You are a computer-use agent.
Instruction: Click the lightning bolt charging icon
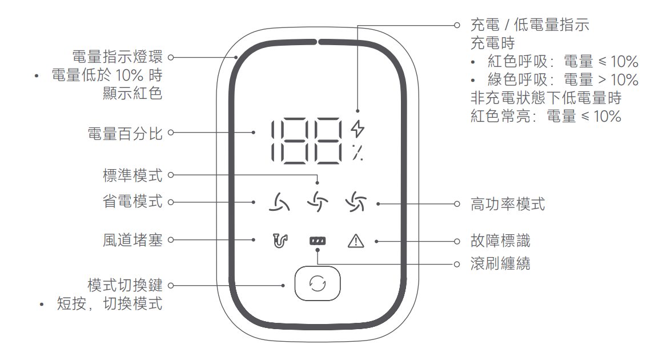point(357,129)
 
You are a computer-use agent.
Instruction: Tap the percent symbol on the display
point(357,153)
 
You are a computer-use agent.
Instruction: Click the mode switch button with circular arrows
point(317,284)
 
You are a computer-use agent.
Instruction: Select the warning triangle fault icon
point(355,241)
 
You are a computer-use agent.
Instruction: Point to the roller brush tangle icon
point(317,242)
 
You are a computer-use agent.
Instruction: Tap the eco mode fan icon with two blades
point(279,202)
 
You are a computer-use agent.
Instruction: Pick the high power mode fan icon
point(356,202)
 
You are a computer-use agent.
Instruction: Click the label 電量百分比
point(125,134)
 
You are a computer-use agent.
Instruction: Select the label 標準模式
point(132,175)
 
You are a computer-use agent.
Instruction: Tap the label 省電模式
point(132,202)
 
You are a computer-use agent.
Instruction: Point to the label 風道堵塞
point(132,241)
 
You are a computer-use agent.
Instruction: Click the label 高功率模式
point(508,204)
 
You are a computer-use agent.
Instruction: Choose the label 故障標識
point(500,241)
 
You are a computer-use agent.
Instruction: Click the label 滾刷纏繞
point(500,264)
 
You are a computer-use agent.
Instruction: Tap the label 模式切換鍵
point(125,285)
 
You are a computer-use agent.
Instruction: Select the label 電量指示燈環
point(118,57)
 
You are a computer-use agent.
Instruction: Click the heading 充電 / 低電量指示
point(529,25)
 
